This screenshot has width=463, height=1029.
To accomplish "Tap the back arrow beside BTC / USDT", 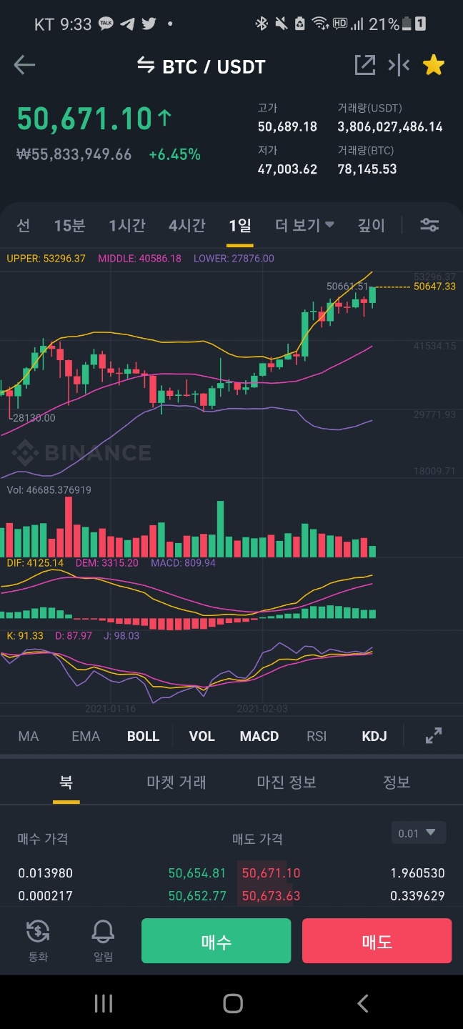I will click(x=24, y=66).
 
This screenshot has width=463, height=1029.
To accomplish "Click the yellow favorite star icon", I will click(x=434, y=66).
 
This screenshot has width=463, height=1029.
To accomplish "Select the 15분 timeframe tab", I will click(x=69, y=226).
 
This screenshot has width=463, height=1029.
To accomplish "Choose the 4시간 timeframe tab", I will click(x=187, y=226).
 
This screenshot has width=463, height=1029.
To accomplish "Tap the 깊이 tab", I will click(x=372, y=226).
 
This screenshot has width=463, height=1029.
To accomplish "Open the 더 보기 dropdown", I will click(x=305, y=226).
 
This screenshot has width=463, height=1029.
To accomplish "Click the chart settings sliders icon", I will click(x=429, y=225).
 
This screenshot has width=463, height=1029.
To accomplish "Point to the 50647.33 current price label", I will click(x=434, y=287).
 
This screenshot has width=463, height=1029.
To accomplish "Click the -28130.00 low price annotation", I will click(x=33, y=418).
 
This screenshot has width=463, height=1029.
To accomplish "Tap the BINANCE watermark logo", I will click(x=81, y=453).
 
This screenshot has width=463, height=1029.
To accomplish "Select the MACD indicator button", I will click(x=259, y=736).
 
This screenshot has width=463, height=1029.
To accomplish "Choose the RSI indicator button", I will click(x=317, y=736).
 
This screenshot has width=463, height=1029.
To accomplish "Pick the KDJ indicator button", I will click(x=374, y=736).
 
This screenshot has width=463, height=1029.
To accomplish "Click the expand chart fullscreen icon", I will click(x=433, y=735).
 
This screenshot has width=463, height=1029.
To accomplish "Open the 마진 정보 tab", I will click(x=287, y=782).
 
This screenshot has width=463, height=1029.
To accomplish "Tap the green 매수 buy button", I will click(x=216, y=941).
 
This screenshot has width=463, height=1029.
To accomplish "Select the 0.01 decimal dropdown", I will click(x=419, y=833).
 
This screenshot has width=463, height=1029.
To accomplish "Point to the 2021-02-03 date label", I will click(x=262, y=709).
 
